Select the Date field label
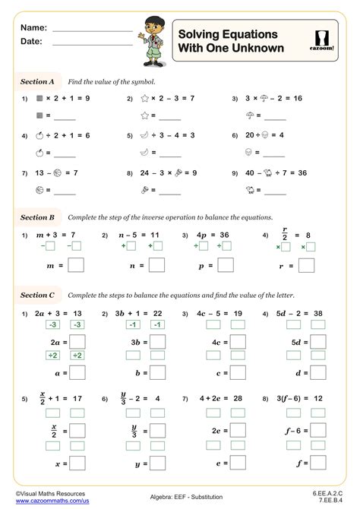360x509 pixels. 33,42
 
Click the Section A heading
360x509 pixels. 37,81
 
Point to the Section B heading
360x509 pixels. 37,217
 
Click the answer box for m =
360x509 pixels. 76,265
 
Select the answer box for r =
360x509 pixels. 307,265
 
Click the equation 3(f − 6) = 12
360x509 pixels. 298,397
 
